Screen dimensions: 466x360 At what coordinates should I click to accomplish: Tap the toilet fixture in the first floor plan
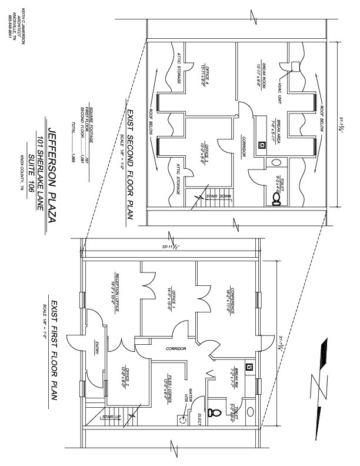click(215, 412)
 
